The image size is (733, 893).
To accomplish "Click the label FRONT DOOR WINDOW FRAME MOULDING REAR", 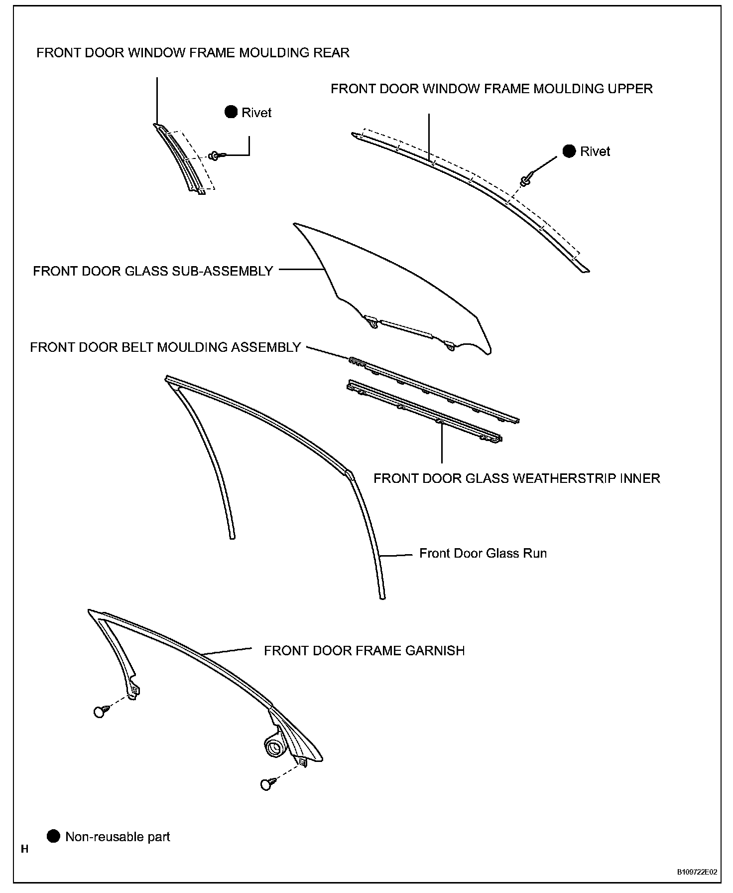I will (193, 53).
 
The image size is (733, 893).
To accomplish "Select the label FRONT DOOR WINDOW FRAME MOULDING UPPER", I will (491, 89).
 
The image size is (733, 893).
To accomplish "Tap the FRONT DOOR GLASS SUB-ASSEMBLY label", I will (153, 271).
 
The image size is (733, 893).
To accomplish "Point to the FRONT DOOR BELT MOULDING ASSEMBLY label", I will (165, 347).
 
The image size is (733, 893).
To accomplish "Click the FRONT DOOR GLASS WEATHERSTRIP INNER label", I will (516, 478).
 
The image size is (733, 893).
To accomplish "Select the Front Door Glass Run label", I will (483, 554).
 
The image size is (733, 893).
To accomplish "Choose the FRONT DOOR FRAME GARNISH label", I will (364, 651).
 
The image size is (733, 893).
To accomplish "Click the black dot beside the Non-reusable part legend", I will (53, 836).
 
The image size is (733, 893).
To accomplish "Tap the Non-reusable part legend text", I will (118, 837).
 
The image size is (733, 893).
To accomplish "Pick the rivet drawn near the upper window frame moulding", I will (526, 180).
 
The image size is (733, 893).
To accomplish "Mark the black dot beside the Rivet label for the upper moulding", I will (569, 151).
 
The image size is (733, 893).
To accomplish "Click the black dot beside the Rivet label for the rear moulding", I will (231, 112).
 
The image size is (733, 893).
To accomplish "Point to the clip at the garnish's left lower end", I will (100, 712).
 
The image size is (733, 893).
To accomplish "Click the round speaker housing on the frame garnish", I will (274, 748).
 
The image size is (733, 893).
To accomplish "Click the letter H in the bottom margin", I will (24, 849).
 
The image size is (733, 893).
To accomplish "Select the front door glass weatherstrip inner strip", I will (423, 412).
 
